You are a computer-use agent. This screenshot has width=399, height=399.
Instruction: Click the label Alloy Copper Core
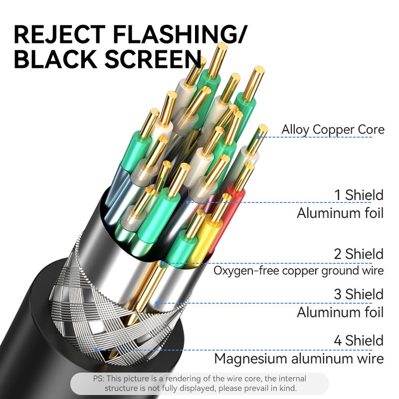pos(333,130)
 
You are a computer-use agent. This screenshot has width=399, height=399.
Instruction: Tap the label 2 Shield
pos(359,254)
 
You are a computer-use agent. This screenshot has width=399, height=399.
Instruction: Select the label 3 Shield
pos(359,294)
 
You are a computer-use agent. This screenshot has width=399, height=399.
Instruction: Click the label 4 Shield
pos(359,341)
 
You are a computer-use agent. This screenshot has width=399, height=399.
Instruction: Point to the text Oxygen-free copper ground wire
pos(299,271)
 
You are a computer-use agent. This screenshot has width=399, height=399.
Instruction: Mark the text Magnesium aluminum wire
pos(299,358)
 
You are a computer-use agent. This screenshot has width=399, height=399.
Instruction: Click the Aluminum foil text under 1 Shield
pos(340,213)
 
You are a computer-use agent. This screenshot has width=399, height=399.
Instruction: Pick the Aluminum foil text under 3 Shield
pos(340,313)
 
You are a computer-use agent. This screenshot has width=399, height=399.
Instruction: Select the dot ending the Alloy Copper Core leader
pos(258,136)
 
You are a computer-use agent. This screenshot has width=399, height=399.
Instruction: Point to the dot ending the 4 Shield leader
pos(96,350)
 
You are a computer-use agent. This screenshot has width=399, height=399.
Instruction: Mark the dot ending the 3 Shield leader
pos(157,302)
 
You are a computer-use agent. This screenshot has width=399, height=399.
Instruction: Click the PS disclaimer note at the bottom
pos(199,384)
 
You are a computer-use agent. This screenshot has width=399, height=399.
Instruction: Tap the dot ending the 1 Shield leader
pos(188,202)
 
